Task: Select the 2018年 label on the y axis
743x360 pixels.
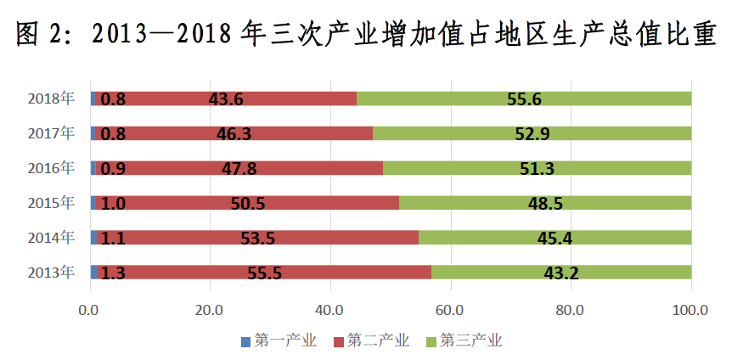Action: pos(51,98)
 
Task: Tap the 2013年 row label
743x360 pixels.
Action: pos(51,272)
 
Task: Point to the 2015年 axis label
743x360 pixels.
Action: pos(51,202)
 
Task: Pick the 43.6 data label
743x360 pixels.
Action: pos(226,99)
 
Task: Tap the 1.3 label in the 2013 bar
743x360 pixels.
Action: pos(113,273)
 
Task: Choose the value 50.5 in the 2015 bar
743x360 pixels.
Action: pos(247,203)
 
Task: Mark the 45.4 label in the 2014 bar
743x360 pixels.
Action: pos(554,238)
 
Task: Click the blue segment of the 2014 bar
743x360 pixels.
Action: pos(93,238)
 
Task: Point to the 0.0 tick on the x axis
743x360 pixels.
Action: pos(89,310)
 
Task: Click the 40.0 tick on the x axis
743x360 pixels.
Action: pos(330,310)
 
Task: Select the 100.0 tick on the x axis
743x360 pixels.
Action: pos(690,310)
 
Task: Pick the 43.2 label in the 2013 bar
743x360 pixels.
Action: pos(560,273)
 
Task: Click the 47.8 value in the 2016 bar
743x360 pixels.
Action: pos(239,168)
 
